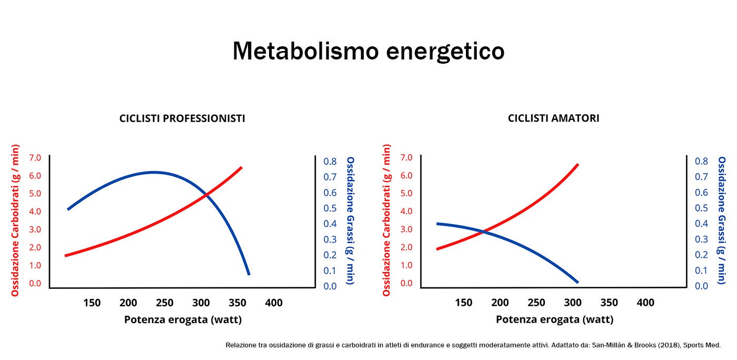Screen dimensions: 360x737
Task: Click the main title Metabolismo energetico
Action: pos(368,52)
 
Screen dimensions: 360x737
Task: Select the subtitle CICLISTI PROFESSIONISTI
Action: pos(182,118)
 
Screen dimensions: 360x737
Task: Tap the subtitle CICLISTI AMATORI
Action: pos(553,118)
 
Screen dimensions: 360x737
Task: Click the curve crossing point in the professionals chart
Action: pos(206,195)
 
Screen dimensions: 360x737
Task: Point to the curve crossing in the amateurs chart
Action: pos(483,231)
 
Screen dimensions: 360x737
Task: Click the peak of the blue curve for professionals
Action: pos(153,172)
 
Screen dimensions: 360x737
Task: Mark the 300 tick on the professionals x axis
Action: pos(201,303)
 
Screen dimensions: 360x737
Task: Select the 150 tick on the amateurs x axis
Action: pos(463,303)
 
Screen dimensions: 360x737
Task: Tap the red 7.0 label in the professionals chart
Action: pos(35,157)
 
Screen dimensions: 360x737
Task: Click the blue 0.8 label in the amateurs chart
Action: pos(701,161)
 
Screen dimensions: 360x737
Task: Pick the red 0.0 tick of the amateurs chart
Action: pos(406,283)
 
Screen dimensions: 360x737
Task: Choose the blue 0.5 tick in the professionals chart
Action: pos(330,208)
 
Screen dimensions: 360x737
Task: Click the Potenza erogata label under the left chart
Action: pos(183,319)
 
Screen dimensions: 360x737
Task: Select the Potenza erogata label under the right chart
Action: pos(554,319)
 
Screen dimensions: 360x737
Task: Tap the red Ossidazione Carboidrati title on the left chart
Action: pos(15,220)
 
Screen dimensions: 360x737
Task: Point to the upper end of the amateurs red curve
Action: pos(577,165)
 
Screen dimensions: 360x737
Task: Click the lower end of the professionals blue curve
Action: pos(248,274)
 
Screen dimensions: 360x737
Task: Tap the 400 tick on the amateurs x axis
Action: pos(645,303)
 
